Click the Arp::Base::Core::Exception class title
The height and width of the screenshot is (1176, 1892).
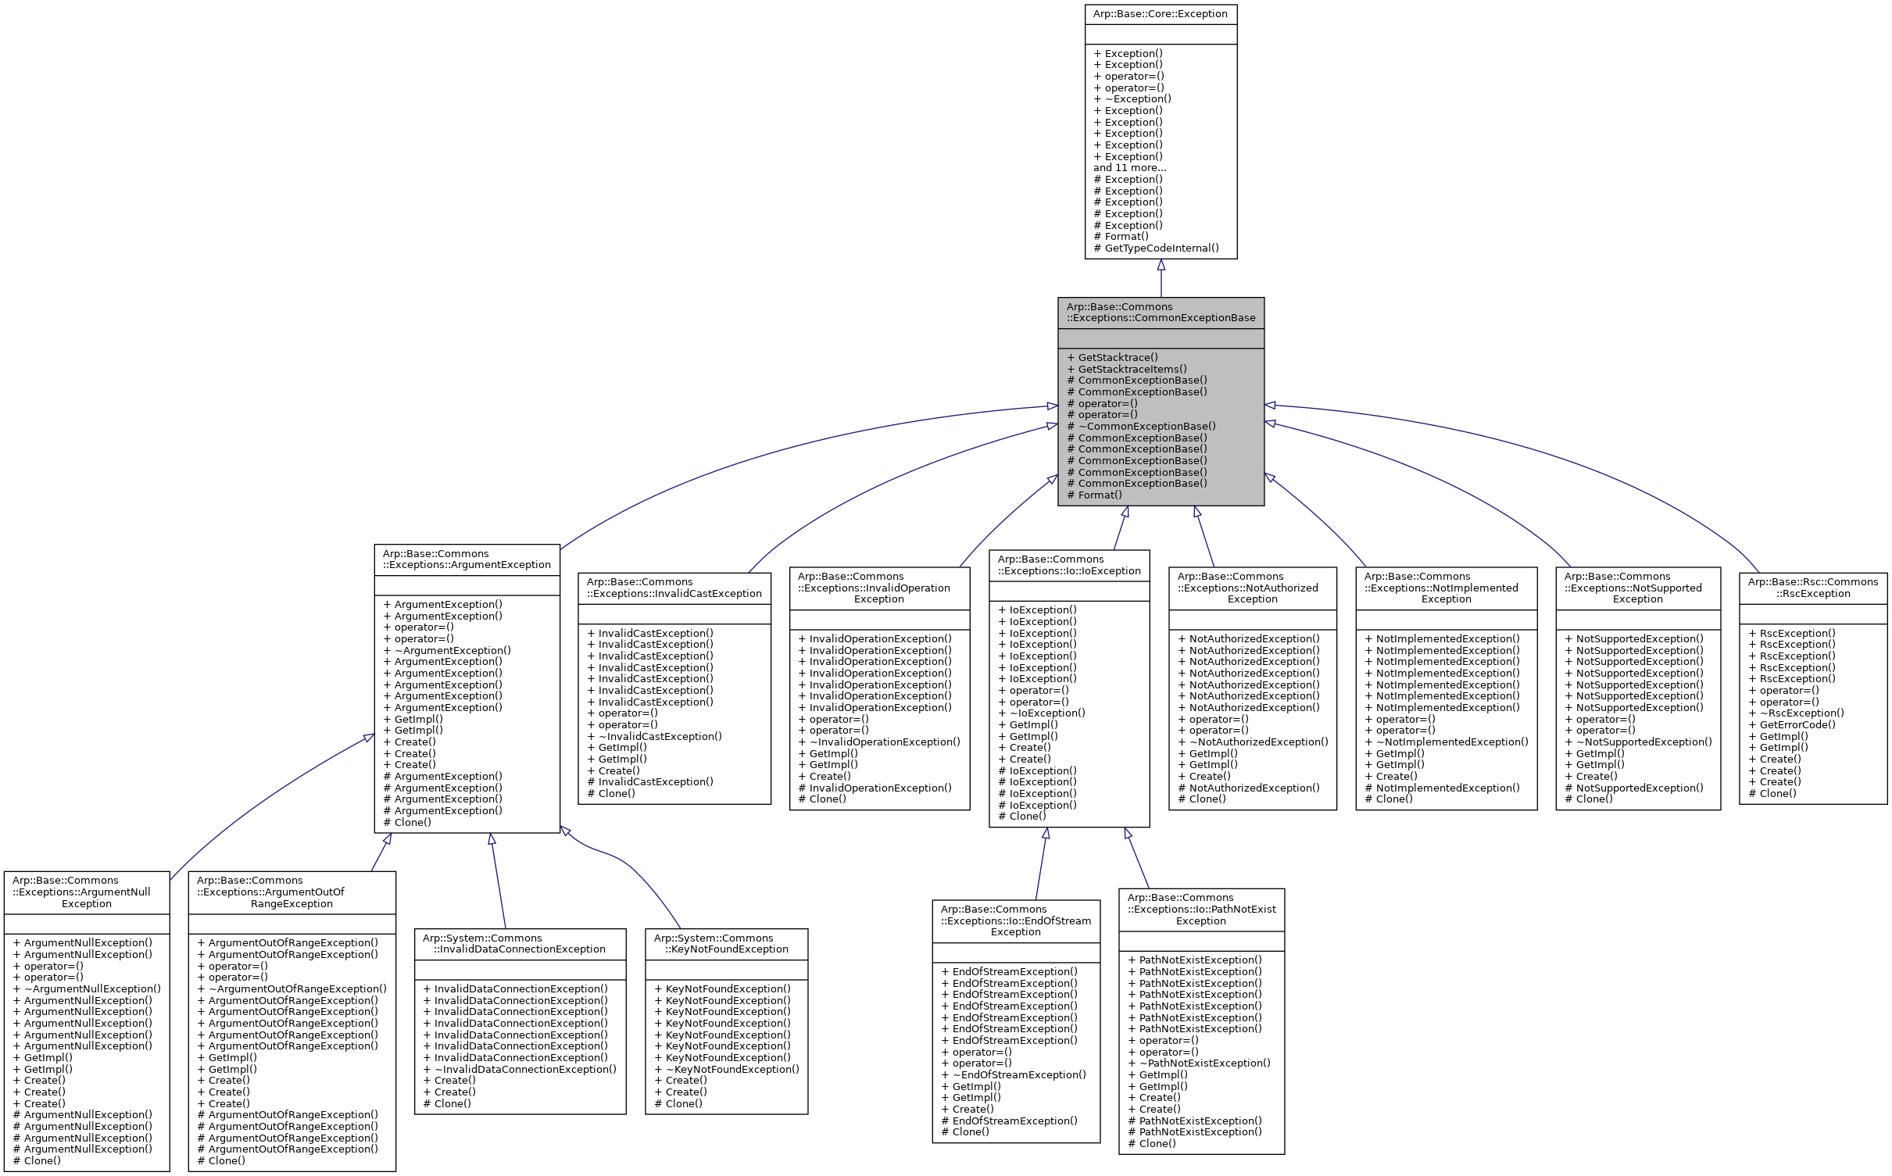point(1160,14)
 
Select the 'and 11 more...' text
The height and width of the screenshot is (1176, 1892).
point(1129,168)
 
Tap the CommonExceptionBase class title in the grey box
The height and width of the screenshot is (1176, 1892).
point(1161,313)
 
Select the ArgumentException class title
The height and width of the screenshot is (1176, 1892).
point(467,559)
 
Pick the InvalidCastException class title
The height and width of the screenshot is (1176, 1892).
point(674,588)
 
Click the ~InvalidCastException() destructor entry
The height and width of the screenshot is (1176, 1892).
point(660,737)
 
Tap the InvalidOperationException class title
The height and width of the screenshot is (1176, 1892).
point(878,588)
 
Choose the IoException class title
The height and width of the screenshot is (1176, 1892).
point(1068,566)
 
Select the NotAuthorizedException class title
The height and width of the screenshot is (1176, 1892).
point(1252,588)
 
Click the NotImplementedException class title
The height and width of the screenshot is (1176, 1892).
point(1446,588)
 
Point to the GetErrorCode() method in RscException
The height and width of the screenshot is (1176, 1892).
point(1797,725)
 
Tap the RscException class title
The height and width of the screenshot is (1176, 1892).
point(1812,588)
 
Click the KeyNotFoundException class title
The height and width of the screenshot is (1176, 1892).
point(726,944)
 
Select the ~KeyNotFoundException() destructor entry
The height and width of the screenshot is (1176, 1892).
point(731,1070)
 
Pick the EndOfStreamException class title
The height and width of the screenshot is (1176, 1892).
point(1015,921)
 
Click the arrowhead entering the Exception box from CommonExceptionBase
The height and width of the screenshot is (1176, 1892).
point(1161,266)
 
